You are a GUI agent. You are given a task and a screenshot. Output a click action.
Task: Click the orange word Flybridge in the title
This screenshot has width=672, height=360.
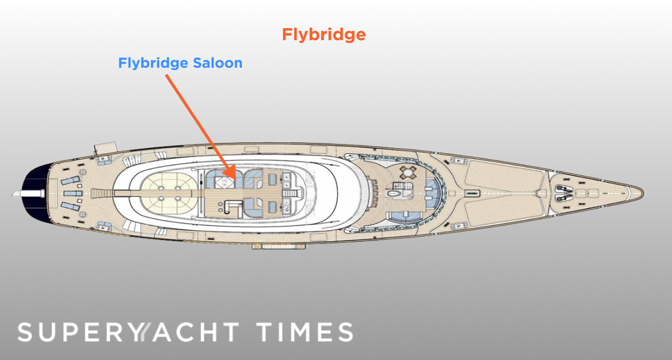coord(323,34)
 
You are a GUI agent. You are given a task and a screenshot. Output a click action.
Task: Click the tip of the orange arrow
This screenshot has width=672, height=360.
coord(235,179)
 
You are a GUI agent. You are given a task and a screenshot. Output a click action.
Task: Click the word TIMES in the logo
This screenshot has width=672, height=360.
coord(305,332)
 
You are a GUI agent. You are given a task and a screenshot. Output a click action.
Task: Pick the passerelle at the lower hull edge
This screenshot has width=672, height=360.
coord(279,246)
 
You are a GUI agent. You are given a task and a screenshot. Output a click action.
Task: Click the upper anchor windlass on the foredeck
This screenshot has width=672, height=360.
coord(561,188)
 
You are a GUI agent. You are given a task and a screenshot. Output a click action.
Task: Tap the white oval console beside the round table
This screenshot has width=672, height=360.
coord(392,193)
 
